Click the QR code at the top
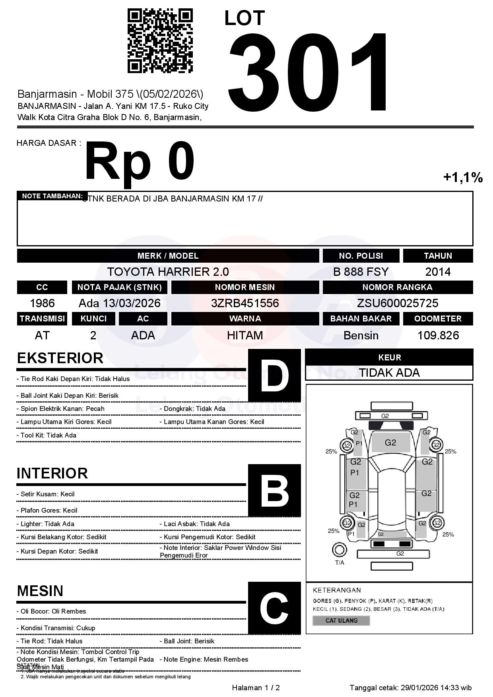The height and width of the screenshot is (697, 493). pyautogui.click(x=160, y=41)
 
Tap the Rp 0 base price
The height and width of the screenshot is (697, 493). pyautogui.click(x=140, y=161)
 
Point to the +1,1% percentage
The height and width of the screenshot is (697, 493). pyautogui.click(x=463, y=177)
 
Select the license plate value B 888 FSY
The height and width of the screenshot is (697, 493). pyautogui.click(x=361, y=272)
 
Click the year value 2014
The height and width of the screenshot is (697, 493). pyautogui.click(x=438, y=272)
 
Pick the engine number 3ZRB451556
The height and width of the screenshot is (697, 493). pyautogui.click(x=245, y=303)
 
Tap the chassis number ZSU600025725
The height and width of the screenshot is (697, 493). pyautogui.click(x=398, y=303)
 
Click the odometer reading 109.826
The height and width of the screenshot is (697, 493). pyautogui.click(x=438, y=335)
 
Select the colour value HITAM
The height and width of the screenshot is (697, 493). pyautogui.click(x=245, y=335)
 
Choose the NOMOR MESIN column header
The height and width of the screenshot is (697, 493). pyautogui.click(x=245, y=287)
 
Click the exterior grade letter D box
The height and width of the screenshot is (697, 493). pyautogui.click(x=274, y=376)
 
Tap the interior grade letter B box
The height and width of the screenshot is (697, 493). pyautogui.click(x=274, y=490)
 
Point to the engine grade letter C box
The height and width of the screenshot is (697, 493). pyautogui.click(x=274, y=608)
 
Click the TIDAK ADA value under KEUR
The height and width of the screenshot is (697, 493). pyautogui.click(x=389, y=373)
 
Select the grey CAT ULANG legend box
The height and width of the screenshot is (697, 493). pyautogui.click(x=341, y=620)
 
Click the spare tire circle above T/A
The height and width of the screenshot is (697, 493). pyautogui.click(x=340, y=550)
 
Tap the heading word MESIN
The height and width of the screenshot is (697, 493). pyautogui.click(x=40, y=591)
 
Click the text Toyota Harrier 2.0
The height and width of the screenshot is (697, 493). pyautogui.click(x=168, y=272)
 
